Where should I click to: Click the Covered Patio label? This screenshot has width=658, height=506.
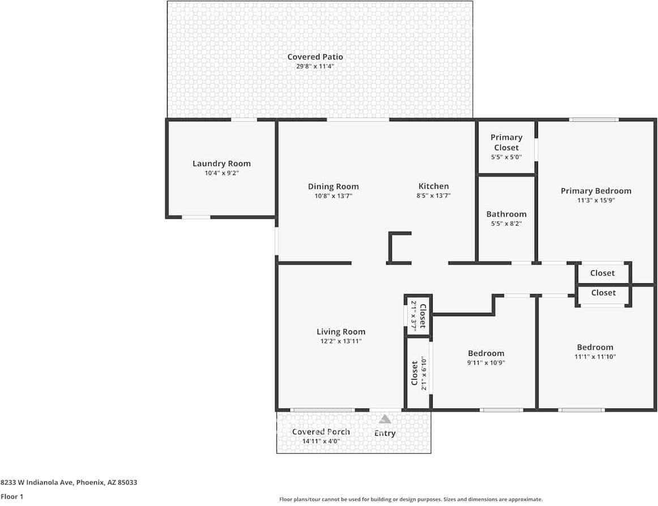(x=315, y=57)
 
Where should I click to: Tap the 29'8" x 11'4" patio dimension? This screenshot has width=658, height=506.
(x=315, y=66)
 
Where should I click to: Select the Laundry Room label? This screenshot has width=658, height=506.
(x=221, y=163)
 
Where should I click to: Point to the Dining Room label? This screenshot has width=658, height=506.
(x=333, y=186)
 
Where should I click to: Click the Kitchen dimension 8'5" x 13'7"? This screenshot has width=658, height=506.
(x=433, y=195)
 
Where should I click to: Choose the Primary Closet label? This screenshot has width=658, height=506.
(x=506, y=142)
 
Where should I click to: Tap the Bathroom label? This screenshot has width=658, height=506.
(x=506, y=214)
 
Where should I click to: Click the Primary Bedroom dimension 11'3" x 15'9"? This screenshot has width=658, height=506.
(x=596, y=200)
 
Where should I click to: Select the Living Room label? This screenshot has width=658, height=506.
(x=340, y=332)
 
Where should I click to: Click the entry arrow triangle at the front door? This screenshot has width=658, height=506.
(x=385, y=419)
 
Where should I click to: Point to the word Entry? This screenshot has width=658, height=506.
(x=385, y=433)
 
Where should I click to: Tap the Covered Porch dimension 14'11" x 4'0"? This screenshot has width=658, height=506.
(x=321, y=441)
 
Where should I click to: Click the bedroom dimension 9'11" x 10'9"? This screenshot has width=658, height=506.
(x=485, y=363)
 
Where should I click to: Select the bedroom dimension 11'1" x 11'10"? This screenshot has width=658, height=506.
(x=595, y=357)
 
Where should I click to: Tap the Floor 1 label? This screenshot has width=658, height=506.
(x=12, y=496)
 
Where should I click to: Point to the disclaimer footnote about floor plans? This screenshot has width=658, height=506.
(x=411, y=499)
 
